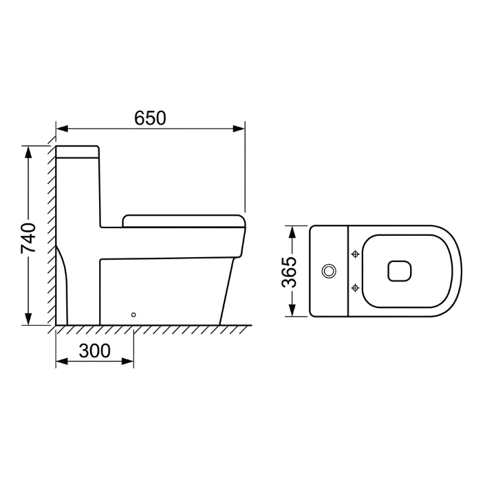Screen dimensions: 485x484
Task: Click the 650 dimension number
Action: point(150,118)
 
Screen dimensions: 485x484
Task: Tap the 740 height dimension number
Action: point(28,238)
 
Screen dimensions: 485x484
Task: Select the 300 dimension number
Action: point(94,351)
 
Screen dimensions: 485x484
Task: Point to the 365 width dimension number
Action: point(289,272)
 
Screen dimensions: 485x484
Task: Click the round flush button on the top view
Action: point(329,271)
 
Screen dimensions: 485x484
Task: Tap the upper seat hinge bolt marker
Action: point(356,254)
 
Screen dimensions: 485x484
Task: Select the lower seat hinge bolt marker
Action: point(356,288)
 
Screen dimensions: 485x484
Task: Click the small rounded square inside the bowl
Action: point(400,271)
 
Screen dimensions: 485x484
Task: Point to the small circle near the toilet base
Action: point(133,315)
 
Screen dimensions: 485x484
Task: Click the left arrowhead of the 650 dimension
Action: point(62,129)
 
